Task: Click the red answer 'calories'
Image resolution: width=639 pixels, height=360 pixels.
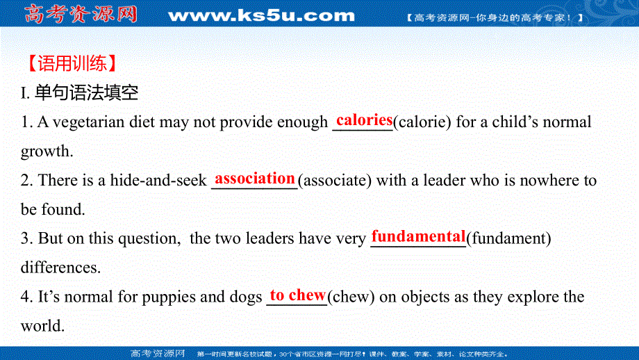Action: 364,120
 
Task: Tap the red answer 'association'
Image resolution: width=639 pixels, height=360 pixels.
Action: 255,179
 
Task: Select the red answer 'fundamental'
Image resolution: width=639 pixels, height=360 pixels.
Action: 418,236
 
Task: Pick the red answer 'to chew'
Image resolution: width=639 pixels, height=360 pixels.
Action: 297,295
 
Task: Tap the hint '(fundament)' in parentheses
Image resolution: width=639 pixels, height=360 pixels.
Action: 509,238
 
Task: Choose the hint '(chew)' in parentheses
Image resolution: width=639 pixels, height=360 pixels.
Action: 351,297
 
